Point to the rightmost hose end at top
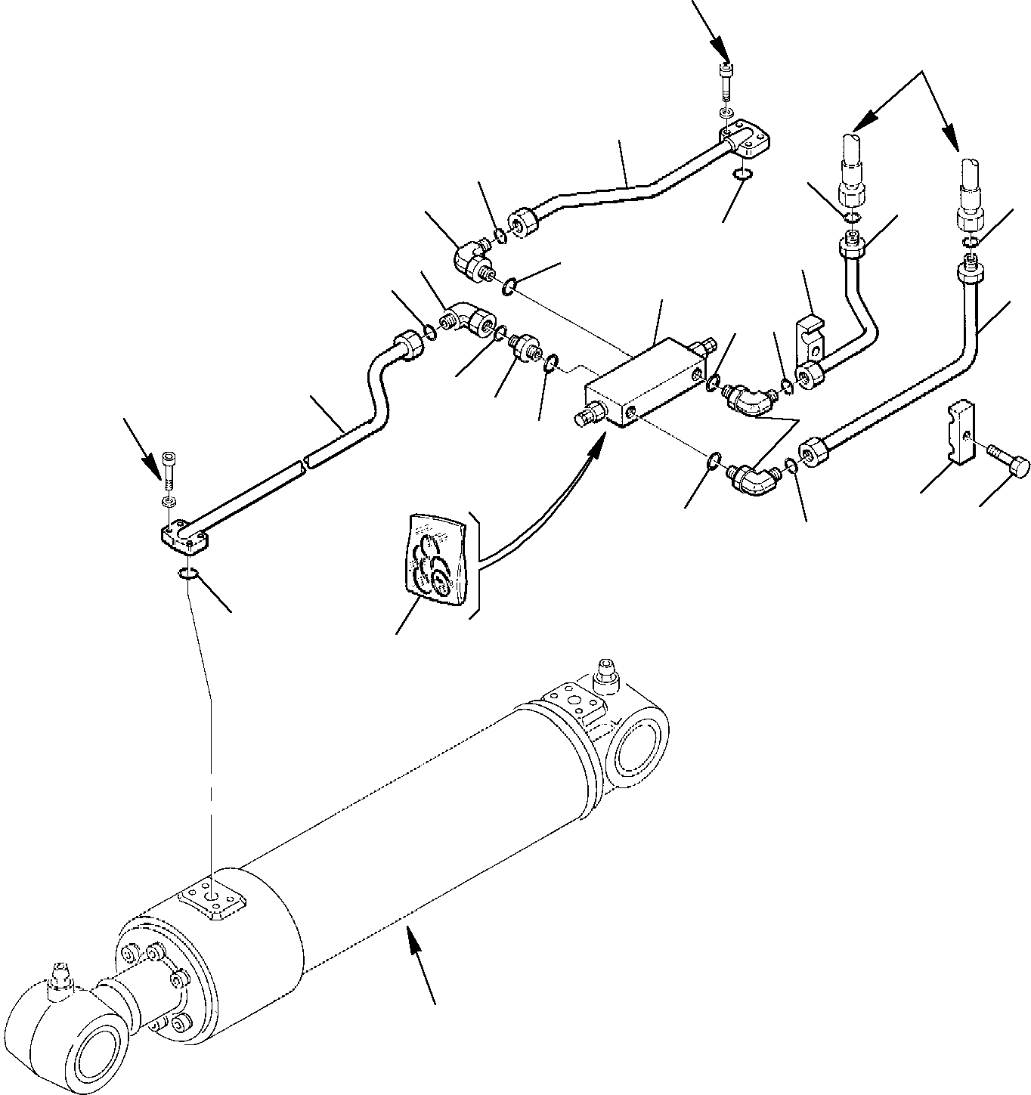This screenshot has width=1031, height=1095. point(971,189)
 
